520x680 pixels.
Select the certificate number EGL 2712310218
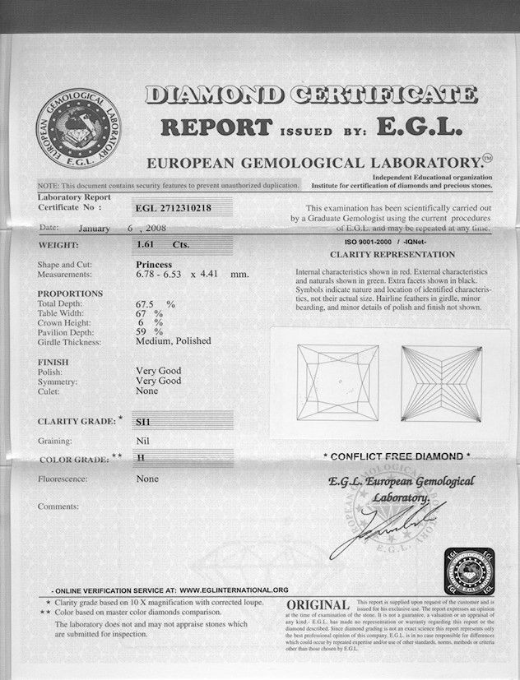[x=176, y=208]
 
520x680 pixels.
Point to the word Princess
[x=154, y=264]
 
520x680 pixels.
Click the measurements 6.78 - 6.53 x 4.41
[x=191, y=274]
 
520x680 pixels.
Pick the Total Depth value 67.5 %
[x=156, y=303]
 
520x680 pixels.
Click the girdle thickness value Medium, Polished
[x=173, y=340]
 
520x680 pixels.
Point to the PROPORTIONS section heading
[x=70, y=294]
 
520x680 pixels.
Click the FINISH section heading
[x=53, y=362]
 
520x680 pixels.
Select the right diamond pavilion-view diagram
[x=440, y=382]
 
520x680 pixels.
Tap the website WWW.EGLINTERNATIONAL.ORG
[x=234, y=590]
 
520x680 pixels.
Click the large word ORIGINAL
[x=318, y=607]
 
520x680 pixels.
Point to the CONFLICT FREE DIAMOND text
[x=397, y=456]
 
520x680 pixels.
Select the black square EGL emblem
[x=468, y=571]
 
